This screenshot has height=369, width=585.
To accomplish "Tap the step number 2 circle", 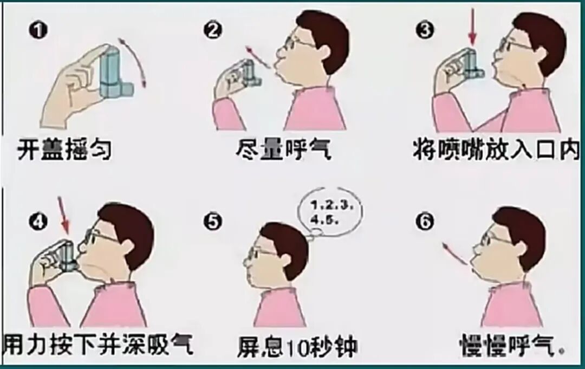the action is pos(213,30).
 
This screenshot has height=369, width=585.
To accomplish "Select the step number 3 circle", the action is pos(425,30).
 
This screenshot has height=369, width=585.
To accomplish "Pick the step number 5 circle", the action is pos(213,222).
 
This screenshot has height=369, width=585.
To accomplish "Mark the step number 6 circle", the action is pos(425,222).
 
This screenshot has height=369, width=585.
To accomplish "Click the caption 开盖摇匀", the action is pos(64,150).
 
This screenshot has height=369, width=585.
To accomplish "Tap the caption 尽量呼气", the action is pos(283,150).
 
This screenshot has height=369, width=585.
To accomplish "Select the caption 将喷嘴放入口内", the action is pos(496,150).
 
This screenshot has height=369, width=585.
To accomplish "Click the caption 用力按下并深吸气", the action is pos(97,344).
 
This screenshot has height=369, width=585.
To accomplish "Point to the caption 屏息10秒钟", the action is pos(297,347).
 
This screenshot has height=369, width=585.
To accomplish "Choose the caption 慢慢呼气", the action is pos(512,345).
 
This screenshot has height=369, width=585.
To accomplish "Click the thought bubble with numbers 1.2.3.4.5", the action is pos(329,215).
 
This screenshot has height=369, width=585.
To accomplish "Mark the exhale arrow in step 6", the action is pos(454,254).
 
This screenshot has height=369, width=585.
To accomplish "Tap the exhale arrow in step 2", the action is pos(258,57).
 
